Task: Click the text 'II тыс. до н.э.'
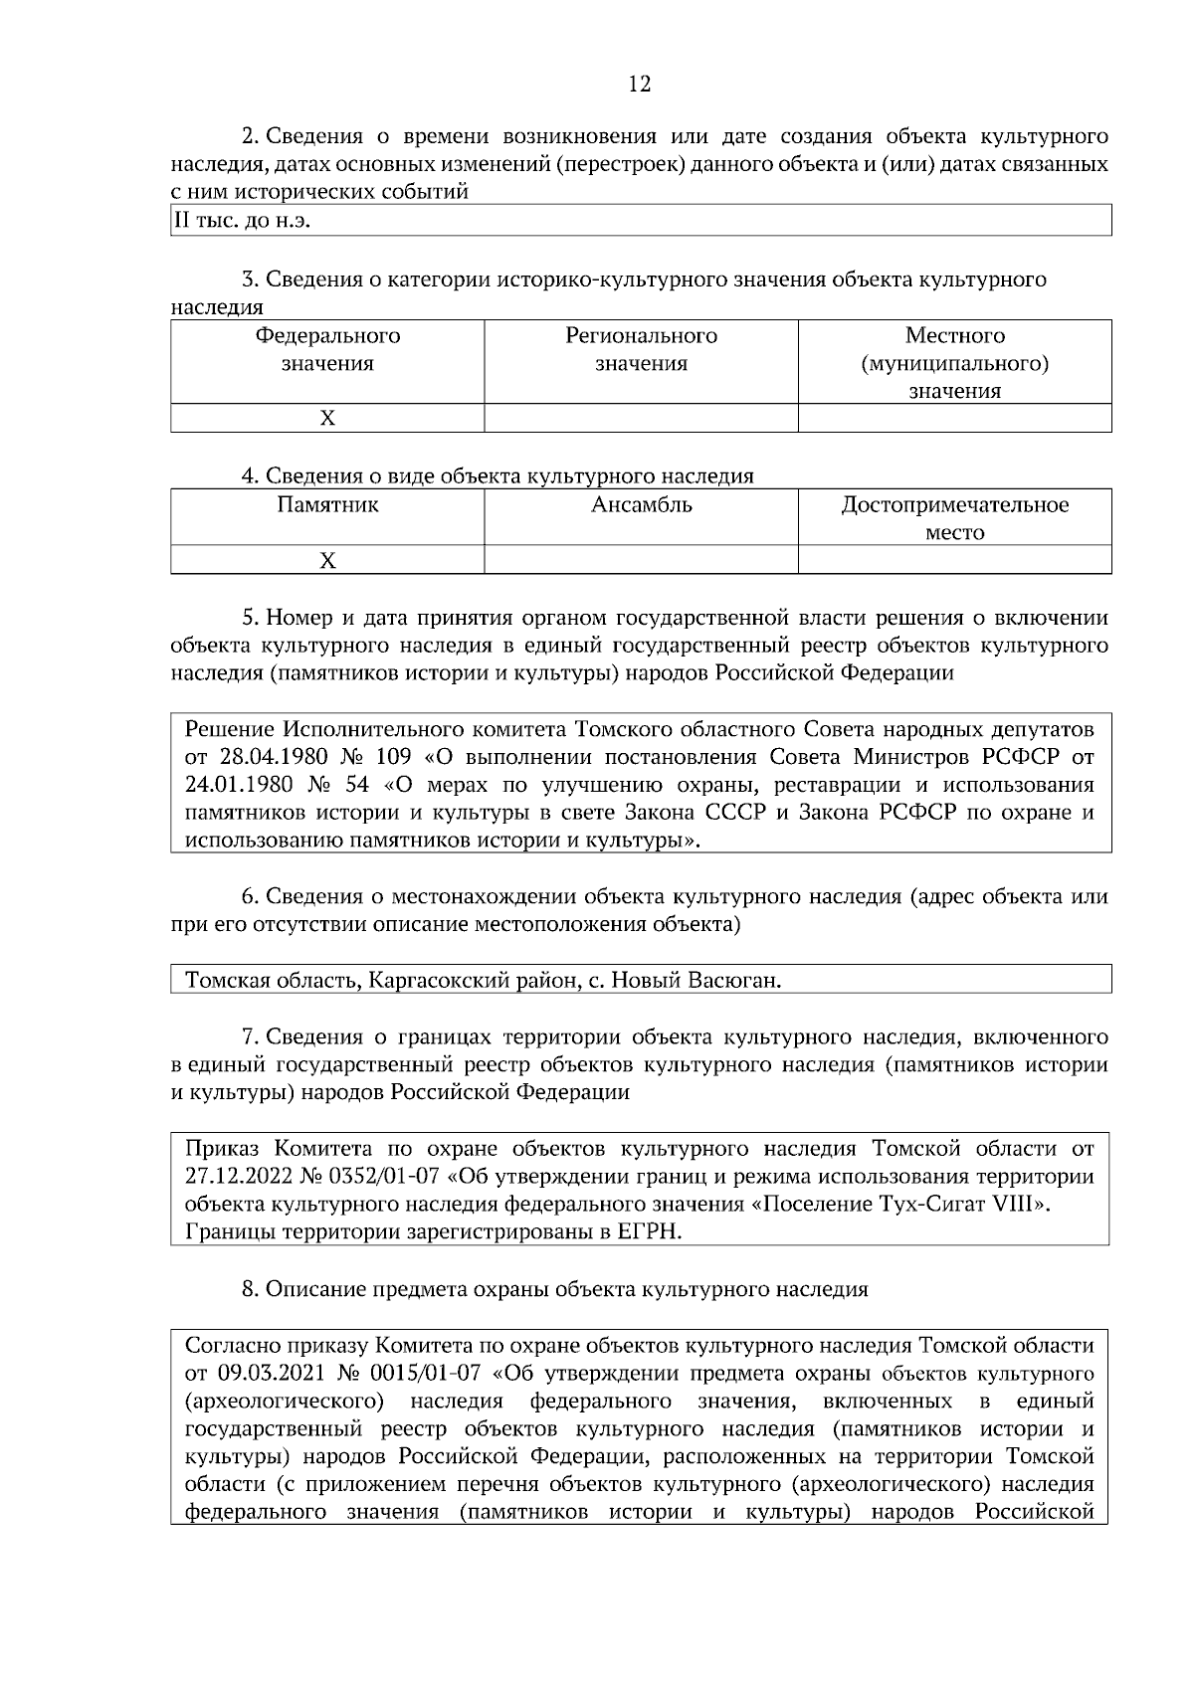(x=243, y=221)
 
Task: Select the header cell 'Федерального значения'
(x=327, y=349)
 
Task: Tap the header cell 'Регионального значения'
(x=641, y=349)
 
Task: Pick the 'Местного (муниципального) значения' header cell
(x=954, y=363)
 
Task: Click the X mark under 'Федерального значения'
(x=327, y=419)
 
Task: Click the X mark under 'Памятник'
(x=327, y=561)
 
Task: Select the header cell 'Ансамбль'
(x=641, y=505)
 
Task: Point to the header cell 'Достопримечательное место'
(x=954, y=518)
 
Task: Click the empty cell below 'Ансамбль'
(x=641, y=561)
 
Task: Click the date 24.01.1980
(x=242, y=784)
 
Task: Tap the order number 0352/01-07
(x=382, y=1177)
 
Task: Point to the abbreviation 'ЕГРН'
(x=652, y=1232)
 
